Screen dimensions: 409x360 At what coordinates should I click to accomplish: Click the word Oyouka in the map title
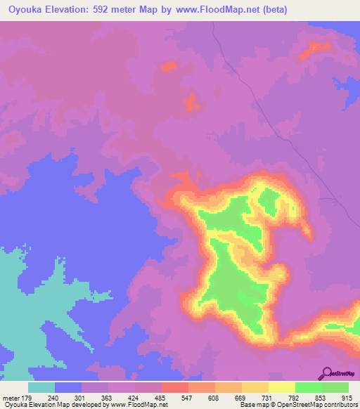coord(26,10)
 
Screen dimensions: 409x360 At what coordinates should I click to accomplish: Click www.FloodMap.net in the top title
coord(216,10)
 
